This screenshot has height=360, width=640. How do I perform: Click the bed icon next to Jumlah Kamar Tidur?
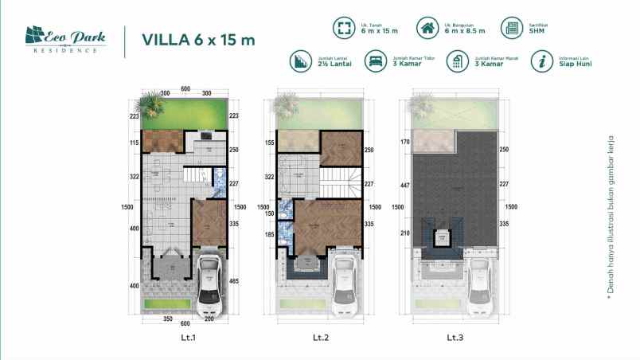(x=373, y=61)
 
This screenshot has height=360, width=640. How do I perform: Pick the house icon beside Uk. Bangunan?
(x=428, y=29)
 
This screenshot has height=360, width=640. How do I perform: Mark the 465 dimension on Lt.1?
(x=234, y=280)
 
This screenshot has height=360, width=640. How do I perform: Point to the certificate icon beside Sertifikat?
(x=510, y=29)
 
